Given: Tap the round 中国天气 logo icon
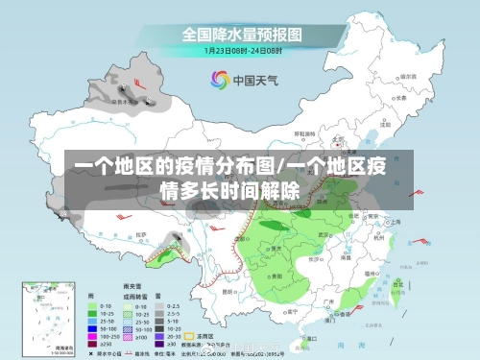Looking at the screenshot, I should pos(220,80).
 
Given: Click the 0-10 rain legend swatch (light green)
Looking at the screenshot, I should pos(92,305).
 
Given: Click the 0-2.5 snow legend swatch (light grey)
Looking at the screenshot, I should pos(172,305).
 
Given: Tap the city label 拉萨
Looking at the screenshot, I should pos(140,234).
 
